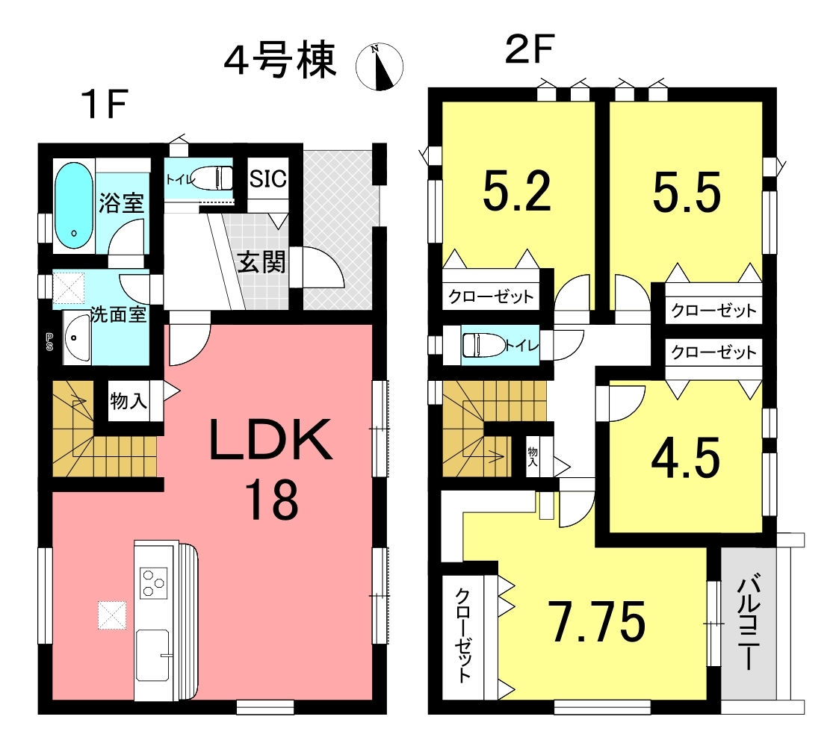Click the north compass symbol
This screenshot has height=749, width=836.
point(379,66)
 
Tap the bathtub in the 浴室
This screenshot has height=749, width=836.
point(73,205)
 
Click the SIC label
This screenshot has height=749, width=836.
point(268,178)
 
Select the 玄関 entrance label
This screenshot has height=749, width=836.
point(261,262)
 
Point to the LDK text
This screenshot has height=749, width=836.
point(271,439)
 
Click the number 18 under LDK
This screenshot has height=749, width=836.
point(271,500)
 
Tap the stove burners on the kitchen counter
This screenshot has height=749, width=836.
point(154,582)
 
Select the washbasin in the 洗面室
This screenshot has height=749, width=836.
point(77,338)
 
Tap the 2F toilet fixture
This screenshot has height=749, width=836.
point(483,345)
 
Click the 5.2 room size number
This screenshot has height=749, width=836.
point(517,192)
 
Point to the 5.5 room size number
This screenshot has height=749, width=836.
point(687,192)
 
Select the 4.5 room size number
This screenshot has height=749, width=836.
point(686,459)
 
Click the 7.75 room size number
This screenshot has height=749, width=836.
point(598,621)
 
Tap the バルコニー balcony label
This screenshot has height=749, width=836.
point(749,622)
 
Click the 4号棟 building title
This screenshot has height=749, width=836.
point(280,60)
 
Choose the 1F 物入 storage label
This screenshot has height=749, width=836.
point(129,401)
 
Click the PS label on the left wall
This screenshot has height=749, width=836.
point(49,342)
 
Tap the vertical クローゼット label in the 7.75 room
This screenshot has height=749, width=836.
point(462,635)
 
